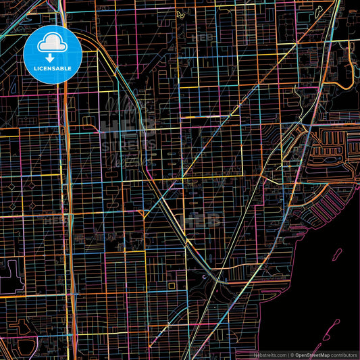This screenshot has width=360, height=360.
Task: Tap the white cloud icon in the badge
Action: click(x=51, y=45)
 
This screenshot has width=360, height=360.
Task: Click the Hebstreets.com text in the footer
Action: click(x=269, y=355)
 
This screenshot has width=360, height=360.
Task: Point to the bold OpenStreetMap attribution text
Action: click(x=311, y=355)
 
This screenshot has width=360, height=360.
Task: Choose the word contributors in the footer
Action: click(x=343, y=355)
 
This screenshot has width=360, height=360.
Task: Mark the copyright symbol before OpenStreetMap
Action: click(x=291, y=355)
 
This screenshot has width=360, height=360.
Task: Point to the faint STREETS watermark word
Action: click(x=128, y=144)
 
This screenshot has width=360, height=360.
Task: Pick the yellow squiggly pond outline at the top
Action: click(x=180, y=14)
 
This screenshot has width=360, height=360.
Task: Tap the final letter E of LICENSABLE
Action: click(x=71, y=68)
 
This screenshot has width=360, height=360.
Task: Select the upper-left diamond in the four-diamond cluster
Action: click(x=12, y=184)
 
